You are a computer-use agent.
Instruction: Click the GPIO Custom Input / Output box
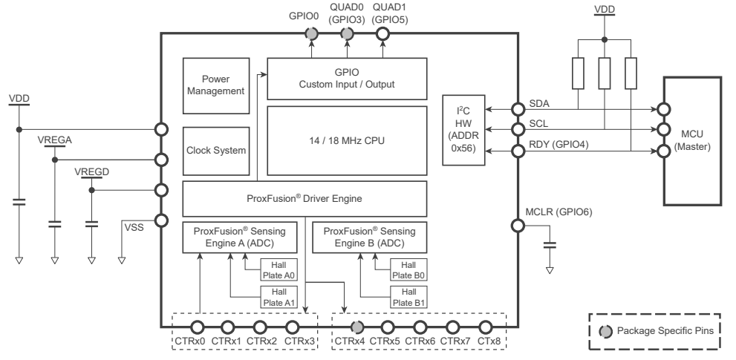point(347,79)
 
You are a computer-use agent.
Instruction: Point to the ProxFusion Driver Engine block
point(305,200)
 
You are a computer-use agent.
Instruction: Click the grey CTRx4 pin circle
point(356,327)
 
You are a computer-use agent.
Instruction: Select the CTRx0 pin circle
point(198,327)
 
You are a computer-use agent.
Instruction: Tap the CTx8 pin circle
point(485,327)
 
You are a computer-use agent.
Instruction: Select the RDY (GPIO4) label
point(558,144)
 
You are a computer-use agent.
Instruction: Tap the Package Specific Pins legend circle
point(605,330)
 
